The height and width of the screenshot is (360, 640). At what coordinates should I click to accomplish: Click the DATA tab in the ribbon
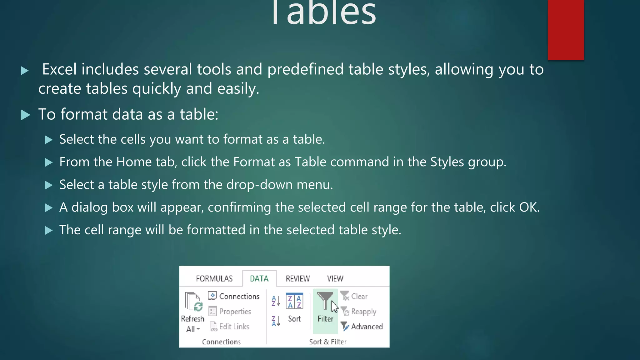(259, 278)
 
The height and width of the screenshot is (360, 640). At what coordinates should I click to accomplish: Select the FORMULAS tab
(214, 278)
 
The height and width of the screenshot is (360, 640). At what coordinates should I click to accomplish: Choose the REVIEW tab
(297, 278)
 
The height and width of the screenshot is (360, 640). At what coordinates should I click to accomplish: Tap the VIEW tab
(335, 278)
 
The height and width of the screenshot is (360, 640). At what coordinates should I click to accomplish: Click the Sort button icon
(294, 301)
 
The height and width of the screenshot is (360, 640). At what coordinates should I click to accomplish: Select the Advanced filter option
(362, 327)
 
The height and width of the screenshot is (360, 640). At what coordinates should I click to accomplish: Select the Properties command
(230, 312)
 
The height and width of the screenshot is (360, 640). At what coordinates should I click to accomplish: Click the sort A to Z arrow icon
(276, 301)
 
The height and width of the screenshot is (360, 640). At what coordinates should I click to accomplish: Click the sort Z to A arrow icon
(276, 321)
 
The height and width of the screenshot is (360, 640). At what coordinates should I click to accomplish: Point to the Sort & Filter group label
(327, 342)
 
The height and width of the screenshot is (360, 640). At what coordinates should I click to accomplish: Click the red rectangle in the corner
(566, 30)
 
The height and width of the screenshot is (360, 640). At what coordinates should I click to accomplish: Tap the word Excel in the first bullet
(59, 69)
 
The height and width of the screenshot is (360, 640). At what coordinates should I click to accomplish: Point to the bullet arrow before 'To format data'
(26, 115)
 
